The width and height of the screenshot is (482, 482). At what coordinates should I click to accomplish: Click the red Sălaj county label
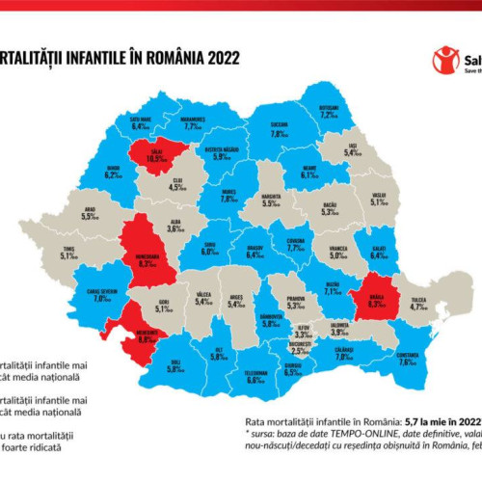[172, 155]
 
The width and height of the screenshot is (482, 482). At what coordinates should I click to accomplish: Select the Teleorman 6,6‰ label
[255, 377]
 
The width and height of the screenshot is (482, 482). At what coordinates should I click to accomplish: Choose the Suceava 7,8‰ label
[280, 131]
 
